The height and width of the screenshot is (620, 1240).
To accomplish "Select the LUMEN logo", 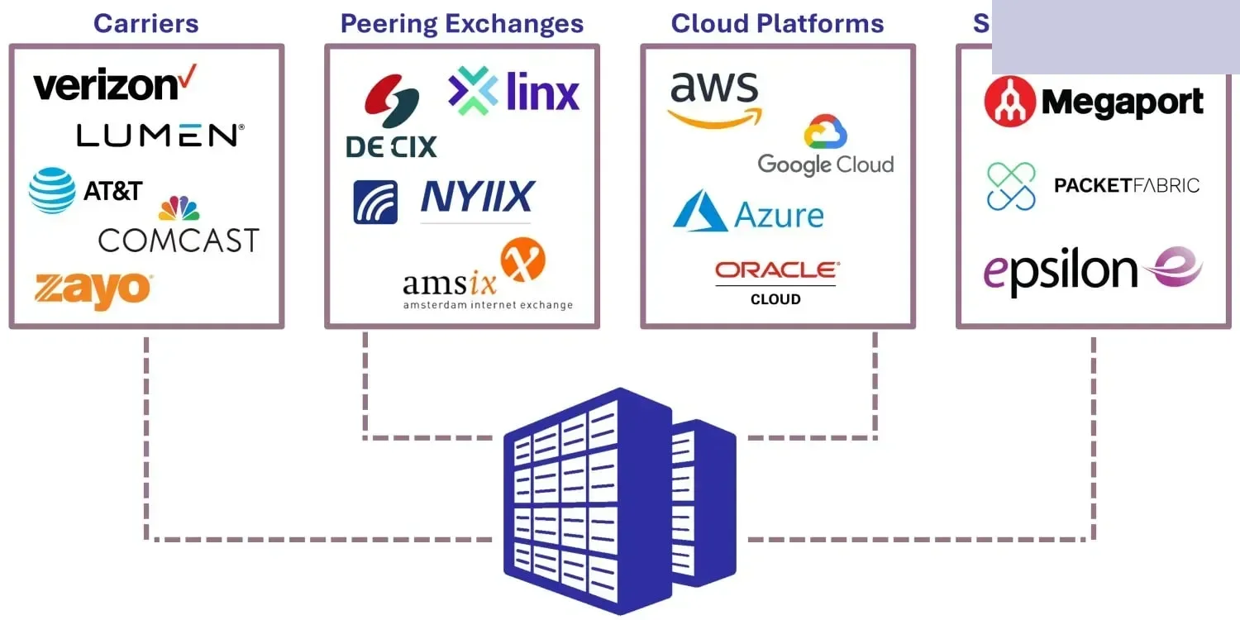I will (x=160, y=136).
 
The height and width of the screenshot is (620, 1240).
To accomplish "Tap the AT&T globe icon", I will (x=52, y=190).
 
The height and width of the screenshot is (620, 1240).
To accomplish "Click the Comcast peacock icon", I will (x=179, y=208).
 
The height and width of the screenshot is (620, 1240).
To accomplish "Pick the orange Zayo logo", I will (x=93, y=290).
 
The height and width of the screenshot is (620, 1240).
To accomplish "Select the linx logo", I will (x=514, y=91).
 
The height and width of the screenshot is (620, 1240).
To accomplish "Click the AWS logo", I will (x=714, y=98).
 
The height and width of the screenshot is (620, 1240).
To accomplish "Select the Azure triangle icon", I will (x=699, y=211).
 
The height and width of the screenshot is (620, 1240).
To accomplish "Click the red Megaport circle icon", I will (x=1010, y=102).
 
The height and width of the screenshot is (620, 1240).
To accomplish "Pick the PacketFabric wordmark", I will (x=1126, y=185).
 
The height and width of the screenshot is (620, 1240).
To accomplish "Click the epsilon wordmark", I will (x=1061, y=270).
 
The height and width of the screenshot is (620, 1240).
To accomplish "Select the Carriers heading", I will (x=146, y=23).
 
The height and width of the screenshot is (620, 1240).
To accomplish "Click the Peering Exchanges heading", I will (x=461, y=23).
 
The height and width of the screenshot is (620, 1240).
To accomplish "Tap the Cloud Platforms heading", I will (x=777, y=23).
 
